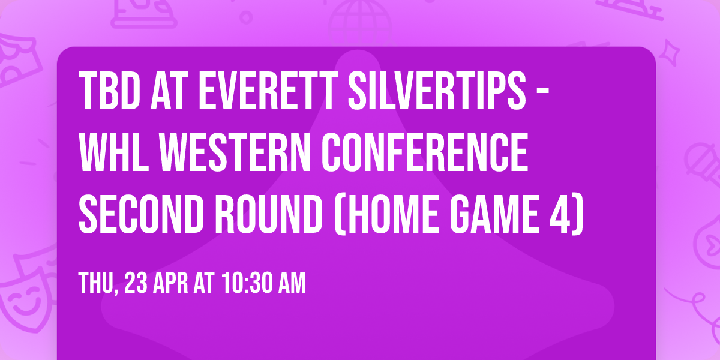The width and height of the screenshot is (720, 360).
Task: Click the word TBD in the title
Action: click(106, 92)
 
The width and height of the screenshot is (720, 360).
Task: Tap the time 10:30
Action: click(245, 282)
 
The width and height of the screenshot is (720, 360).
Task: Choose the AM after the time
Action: click(290, 282)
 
